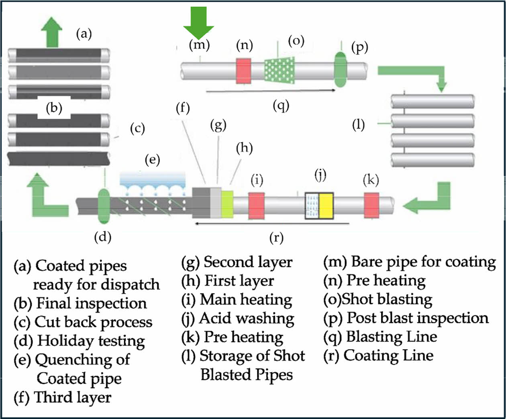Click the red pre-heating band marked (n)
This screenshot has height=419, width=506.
(x=243, y=71)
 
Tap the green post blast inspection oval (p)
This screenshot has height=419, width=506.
(x=341, y=69)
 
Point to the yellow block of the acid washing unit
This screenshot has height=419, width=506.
(x=326, y=205)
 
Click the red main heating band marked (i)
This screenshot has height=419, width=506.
(x=256, y=205)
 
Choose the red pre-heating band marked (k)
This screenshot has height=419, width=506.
(x=371, y=205)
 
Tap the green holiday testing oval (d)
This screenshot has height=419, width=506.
(x=104, y=205)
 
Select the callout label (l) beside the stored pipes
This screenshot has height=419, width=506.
(x=358, y=125)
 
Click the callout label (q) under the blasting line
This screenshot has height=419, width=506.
(x=281, y=106)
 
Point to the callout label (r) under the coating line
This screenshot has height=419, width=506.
(x=276, y=238)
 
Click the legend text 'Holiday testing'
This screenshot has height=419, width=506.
(x=91, y=341)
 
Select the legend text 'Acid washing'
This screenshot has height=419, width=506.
(x=247, y=319)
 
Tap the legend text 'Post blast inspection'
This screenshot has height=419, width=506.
(x=417, y=318)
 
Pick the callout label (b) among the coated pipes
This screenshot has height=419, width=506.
(x=54, y=109)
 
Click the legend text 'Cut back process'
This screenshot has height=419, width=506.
(x=94, y=322)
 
